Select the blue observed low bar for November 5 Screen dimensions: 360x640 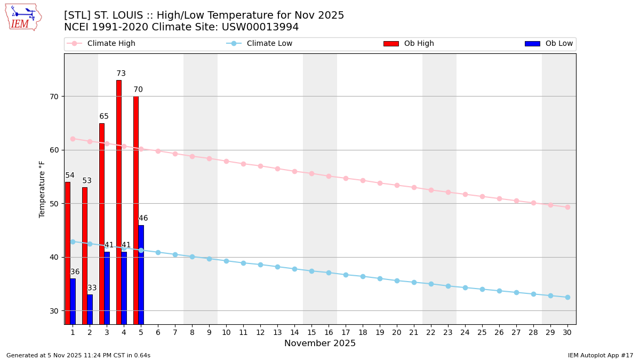141,274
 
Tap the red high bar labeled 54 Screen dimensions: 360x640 68,253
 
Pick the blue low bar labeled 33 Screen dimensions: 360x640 90,309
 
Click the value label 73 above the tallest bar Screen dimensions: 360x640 121,74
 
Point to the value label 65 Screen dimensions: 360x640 104,117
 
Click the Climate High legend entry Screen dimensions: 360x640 111,44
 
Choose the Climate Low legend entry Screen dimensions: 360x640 269,44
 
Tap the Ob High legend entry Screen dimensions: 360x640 419,44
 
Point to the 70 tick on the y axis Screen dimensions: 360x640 53,97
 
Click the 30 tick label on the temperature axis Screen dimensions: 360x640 53,311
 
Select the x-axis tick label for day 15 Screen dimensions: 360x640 311,332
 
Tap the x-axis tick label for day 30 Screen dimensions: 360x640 567,332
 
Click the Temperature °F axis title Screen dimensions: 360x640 42,189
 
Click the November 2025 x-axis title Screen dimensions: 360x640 320,343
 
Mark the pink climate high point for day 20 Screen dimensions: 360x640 397,185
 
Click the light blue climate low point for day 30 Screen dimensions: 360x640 567,297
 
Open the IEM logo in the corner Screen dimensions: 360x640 23,17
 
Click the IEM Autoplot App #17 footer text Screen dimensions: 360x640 601,355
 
